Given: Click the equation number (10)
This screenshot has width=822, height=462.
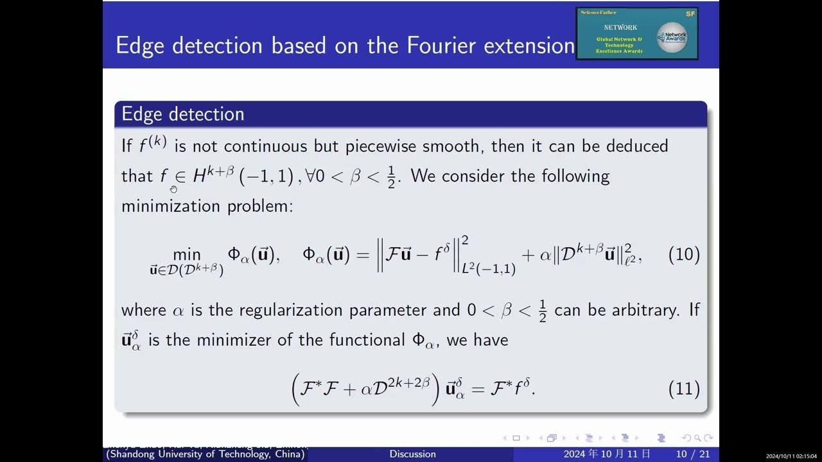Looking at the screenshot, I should tap(684, 255).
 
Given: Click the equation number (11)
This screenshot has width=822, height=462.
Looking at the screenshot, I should tap(684, 389).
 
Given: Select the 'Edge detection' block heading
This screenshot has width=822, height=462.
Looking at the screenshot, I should tap(183, 114).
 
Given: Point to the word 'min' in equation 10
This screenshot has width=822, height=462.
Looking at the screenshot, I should tap(187, 255).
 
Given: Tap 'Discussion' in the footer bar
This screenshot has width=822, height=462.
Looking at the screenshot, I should tap(412, 454).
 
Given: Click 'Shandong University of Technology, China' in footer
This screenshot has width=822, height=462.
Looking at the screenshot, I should tap(205, 454).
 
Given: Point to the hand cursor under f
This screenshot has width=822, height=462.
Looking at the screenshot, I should tap(173, 189).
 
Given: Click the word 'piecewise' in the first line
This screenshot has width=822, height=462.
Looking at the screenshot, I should tap(380, 146).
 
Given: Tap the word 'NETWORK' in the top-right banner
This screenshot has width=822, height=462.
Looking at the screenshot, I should tap(620, 28).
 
